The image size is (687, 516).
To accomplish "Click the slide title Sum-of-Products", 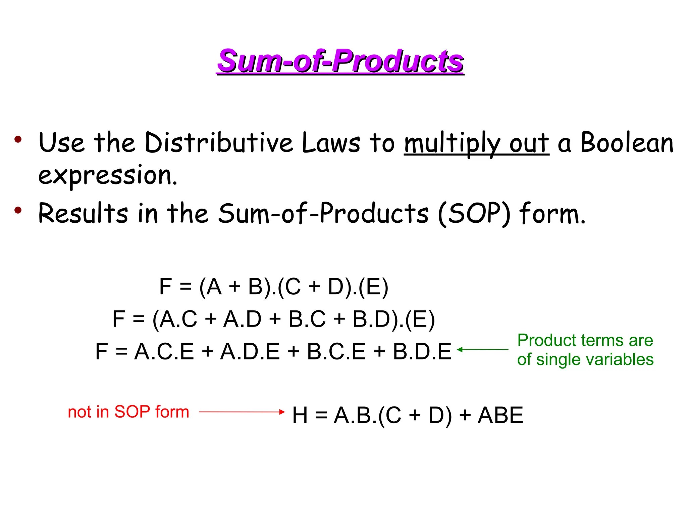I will (x=340, y=61).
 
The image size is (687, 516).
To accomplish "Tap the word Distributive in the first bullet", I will (x=218, y=143).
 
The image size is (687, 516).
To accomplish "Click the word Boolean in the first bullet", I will (x=627, y=143).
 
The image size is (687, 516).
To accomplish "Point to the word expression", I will (x=107, y=176).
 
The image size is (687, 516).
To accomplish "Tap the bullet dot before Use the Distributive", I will (x=18, y=139).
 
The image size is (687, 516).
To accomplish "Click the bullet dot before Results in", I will (x=18, y=210).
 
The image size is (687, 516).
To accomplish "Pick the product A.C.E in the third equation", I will (x=164, y=352).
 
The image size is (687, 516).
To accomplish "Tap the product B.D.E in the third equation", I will (x=422, y=352).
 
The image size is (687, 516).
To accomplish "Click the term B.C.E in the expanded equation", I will (x=336, y=352).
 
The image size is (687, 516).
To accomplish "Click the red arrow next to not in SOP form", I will (x=242, y=412).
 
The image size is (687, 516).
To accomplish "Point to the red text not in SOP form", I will (x=128, y=412).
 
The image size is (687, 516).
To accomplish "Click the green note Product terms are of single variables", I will (x=585, y=350).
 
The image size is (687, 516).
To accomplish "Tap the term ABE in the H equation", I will (x=500, y=415).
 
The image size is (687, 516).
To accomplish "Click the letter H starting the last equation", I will (x=300, y=415).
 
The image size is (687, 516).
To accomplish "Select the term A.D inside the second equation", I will (x=242, y=319).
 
